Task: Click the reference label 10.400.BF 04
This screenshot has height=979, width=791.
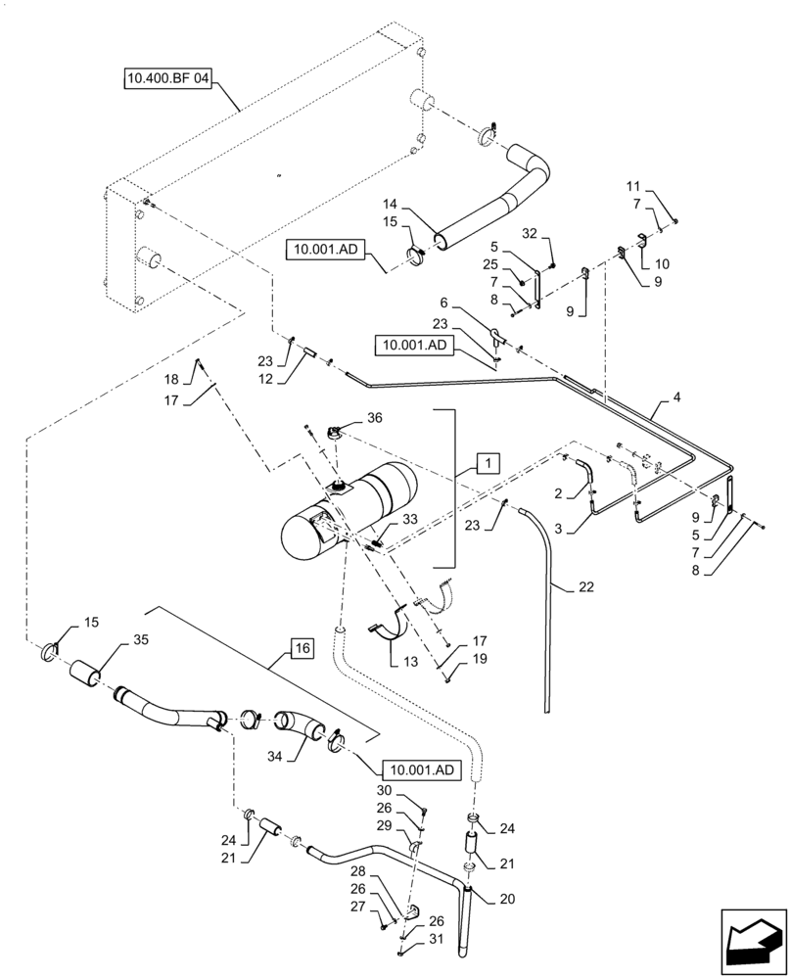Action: (x=167, y=76)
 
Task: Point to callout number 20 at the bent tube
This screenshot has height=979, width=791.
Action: (x=506, y=899)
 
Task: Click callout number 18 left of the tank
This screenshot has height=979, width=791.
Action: (x=170, y=378)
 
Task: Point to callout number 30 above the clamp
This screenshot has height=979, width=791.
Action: (x=384, y=791)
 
